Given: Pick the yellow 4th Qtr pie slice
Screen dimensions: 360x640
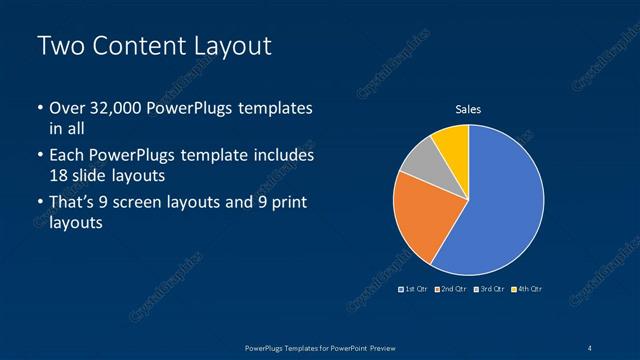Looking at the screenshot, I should click(453, 142).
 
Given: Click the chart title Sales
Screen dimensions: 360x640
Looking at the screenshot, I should click(468, 109).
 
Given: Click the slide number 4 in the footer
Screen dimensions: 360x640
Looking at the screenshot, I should click(591, 347).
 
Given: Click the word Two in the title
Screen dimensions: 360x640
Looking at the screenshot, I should click(59, 46).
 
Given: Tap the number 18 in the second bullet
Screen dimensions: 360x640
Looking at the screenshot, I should click(58, 175).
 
